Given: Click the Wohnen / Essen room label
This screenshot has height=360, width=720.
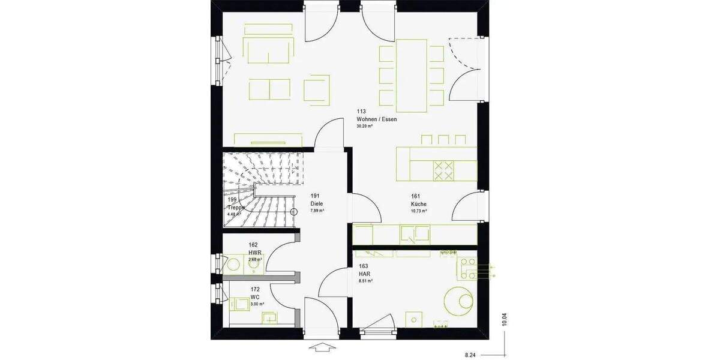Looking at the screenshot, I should pos(376,119).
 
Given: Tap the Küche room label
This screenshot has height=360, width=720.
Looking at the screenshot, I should pos(419,204).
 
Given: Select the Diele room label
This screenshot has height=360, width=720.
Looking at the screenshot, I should pos(317,203).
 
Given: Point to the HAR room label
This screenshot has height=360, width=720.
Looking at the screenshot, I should pos(364,273).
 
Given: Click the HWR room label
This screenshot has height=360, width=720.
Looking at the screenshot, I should pos(254,253).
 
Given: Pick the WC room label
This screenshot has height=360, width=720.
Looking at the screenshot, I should pos(255,297).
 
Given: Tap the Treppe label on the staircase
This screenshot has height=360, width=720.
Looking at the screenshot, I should pos(235,207).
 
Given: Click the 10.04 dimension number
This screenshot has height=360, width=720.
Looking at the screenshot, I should pos(505,319).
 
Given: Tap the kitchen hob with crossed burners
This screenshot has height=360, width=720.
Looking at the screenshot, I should pos(445,170).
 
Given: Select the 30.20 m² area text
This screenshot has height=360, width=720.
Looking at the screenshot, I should pos(365,127).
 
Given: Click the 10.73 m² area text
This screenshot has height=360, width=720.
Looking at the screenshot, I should pos(419,211).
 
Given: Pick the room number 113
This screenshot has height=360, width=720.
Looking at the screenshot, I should pos(361,111).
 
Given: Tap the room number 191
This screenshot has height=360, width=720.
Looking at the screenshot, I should pos(315,196).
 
